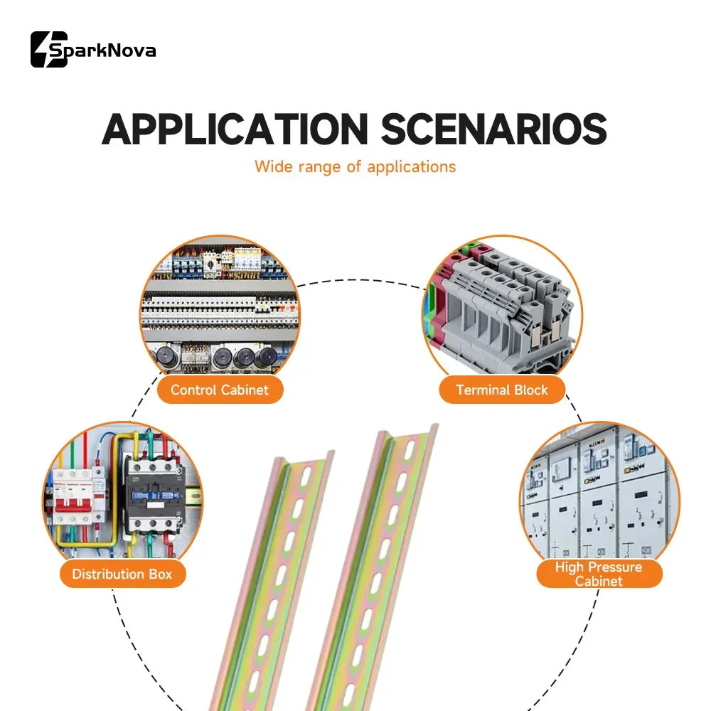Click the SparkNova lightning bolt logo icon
click(x=49, y=50)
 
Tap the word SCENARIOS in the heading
click(x=493, y=129)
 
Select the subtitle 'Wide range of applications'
click(x=355, y=167)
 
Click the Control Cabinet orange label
click(x=220, y=390)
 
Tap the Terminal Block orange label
click(x=502, y=390)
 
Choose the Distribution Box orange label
click(x=122, y=574)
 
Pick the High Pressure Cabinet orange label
click(x=599, y=574)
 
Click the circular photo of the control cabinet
click(x=220, y=309)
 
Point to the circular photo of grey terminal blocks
click(x=503, y=309)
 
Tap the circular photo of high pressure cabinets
click(x=599, y=492)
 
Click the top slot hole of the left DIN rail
click(x=306, y=476)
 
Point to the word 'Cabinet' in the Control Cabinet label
click(x=245, y=390)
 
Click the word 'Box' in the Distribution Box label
click(x=161, y=574)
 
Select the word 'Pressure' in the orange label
click(x=614, y=567)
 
